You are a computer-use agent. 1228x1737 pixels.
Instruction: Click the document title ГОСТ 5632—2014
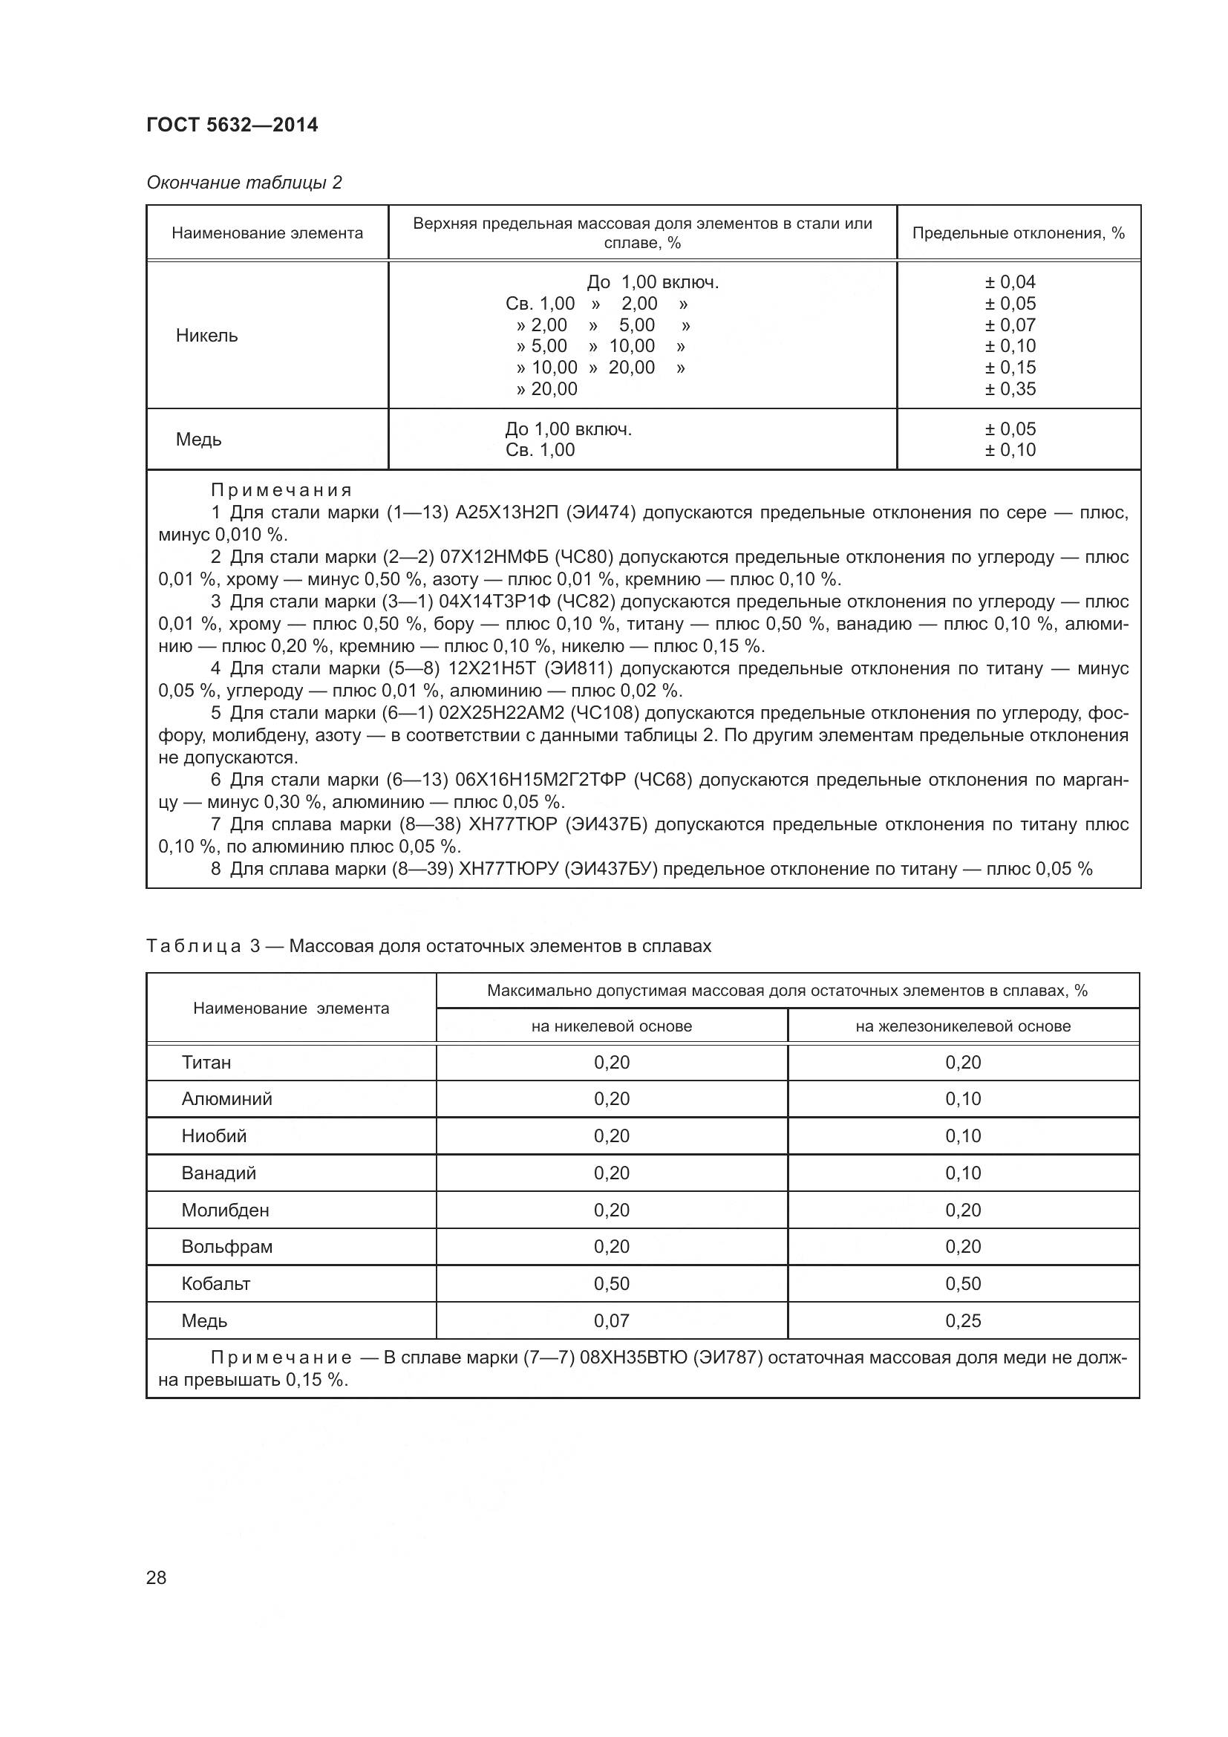[232, 125]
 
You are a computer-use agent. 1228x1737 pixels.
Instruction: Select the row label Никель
[206, 336]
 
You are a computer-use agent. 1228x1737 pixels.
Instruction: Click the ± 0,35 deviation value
[1010, 389]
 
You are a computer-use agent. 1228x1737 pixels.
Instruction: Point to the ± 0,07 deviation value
[1010, 325]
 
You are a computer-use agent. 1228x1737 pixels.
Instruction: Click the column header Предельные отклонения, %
[1018, 233]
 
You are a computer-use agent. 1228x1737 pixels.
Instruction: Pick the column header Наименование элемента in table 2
[267, 233]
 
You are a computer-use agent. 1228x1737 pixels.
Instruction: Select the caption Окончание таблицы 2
[244, 183]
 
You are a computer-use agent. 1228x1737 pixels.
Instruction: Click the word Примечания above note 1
[281, 490]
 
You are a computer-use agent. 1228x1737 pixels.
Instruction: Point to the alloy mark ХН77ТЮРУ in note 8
[507, 870]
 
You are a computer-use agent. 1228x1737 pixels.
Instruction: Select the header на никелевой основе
[612, 1026]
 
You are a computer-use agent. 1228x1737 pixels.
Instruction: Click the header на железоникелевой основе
[963, 1026]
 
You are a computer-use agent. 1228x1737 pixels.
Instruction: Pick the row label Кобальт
[215, 1284]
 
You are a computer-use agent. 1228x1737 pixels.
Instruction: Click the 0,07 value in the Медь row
[612, 1321]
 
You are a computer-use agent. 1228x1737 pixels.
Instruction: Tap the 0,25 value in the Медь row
[963, 1321]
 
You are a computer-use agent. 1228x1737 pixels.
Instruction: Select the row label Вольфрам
[227, 1247]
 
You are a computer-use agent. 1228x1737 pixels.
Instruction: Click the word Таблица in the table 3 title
[194, 946]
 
